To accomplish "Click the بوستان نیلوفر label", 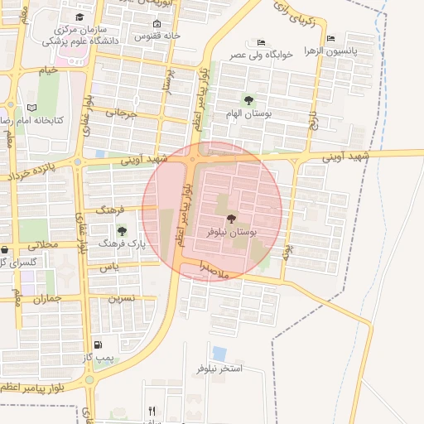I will pyautogui.click(x=231, y=234).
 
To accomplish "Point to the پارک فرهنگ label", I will pyautogui.click(x=122, y=244).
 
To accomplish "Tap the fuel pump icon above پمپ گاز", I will pyautogui.click(x=99, y=345).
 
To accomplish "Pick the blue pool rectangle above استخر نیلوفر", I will pyautogui.click(x=219, y=353).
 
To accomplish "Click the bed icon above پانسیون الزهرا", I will pyautogui.click(x=330, y=39).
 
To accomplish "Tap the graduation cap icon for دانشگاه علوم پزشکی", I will pyautogui.click(x=79, y=17).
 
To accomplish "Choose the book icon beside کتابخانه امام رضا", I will pyautogui.click(x=32, y=108).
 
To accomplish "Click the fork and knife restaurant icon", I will pyautogui.click(x=152, y=410).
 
